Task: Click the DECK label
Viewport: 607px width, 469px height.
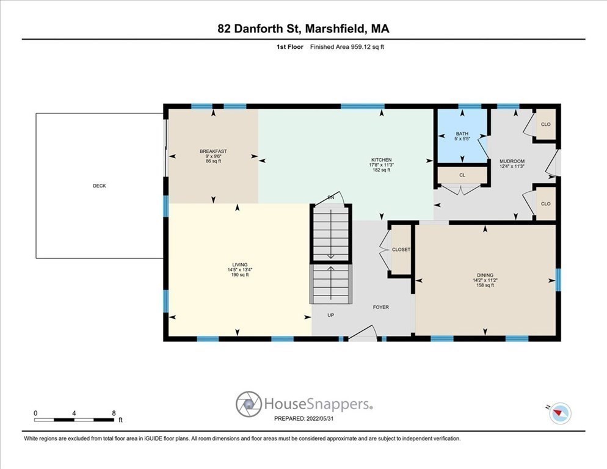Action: click(99, 186)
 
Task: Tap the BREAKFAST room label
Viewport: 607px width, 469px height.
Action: click(213, 151)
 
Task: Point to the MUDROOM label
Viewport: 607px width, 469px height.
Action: click(512, 161)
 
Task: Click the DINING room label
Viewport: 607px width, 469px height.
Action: click(485, 275)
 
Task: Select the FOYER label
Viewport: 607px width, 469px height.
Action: click(381, 307)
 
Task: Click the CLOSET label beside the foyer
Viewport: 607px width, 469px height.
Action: click(401, 250)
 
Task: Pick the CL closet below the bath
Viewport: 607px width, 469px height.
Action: click(462, 175)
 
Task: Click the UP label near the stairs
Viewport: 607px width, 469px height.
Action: click(330, 315)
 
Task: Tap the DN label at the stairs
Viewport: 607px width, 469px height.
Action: click(331, 198)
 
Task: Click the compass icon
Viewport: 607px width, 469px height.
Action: click(560, 413)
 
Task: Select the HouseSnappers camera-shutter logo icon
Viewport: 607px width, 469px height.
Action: click(249, 404)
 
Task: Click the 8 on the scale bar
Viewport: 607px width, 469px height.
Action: click(114, 413)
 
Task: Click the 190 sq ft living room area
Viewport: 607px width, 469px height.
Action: click(239, 275)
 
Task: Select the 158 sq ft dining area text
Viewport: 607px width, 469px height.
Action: click(485, 285)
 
